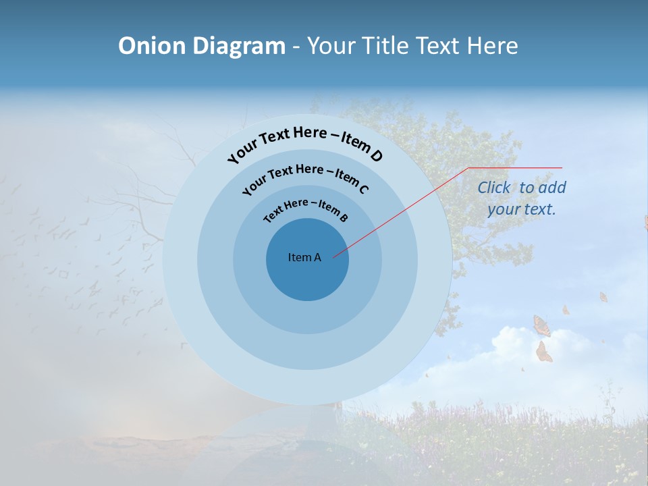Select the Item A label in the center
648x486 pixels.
pyautogui.click(x=304, y=257)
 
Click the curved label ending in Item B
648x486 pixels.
pyautogui.click(x=305, y=210)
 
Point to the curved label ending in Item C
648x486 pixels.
pyautogui.click(x=305, y=177)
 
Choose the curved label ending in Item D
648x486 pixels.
pyautogui.click(x=305, y=142)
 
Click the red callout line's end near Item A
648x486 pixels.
pyautogui.click(x=335, y=256)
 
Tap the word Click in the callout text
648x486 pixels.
pyautogui.click(x=493, y=188)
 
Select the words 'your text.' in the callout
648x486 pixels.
pyautogui.click(x=521, y=209)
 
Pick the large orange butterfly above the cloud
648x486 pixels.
pyautogui.click(x=541, y=325)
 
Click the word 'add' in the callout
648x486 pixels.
pyautogui.click(x=551, y=188)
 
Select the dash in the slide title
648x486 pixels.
pyautogui.click(x=296, y=46)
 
